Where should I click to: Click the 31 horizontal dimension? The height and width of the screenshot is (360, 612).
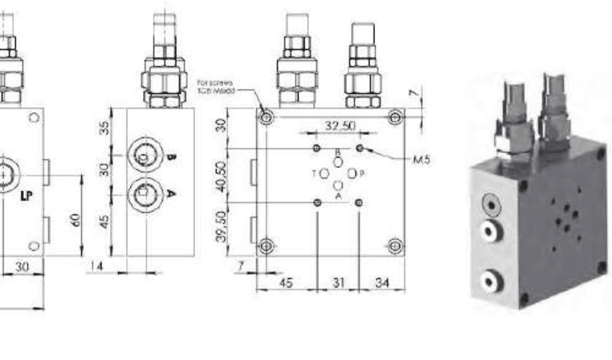coord(338,282)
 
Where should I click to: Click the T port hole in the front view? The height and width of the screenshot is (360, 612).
coord(325,173)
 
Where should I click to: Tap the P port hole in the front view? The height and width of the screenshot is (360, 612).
coord(352,173)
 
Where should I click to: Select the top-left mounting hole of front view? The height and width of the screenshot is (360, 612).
coord(266,116)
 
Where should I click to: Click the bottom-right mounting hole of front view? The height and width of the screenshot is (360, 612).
coord(396,246)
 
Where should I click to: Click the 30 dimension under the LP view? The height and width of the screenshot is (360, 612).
coord(23,267)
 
